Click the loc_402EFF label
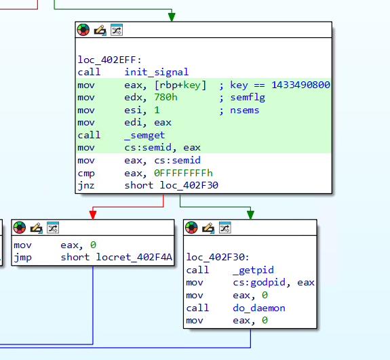(109, 60)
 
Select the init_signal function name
(157, 72)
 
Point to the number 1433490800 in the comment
(300, 85)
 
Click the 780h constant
(165, 97)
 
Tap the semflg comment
(248, 98)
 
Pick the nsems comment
(244, 110)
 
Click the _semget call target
(144, 135)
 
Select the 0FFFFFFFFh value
(183, 173)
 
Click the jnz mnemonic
(86, 186)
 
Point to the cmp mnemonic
(86, 174)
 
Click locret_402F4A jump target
(134, 257)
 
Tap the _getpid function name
(253, 270)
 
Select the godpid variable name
(268, 283)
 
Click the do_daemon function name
(259, 308)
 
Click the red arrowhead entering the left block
(93, 215)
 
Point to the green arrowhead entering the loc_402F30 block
(250, 215)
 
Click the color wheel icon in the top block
(83, 30)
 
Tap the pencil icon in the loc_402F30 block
(208, 228)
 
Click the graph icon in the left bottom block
(53, 228)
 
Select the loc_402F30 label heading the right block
(218, 257)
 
